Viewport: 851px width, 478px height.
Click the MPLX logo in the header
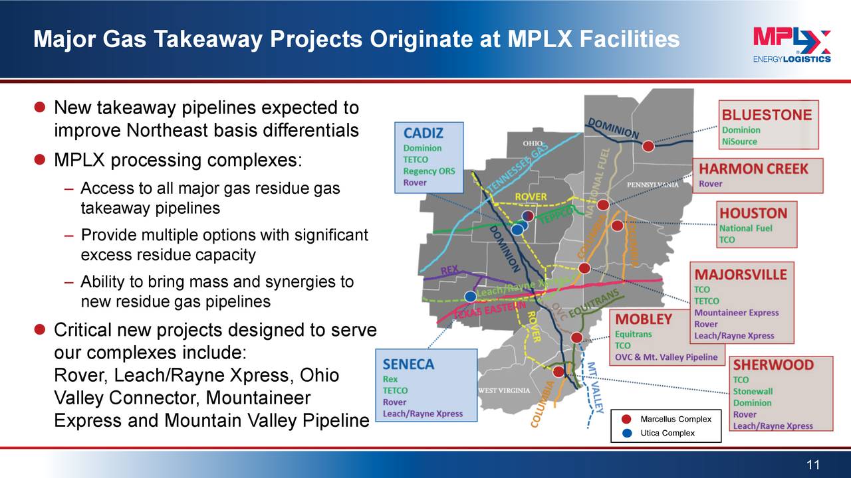791,45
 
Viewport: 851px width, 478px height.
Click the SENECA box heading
408,364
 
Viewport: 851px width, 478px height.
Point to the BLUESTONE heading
767,114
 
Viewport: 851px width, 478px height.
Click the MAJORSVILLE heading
740,274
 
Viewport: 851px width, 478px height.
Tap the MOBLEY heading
643,319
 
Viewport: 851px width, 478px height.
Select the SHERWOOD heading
773,364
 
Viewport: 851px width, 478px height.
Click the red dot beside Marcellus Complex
626,419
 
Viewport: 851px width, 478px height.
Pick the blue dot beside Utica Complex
626,433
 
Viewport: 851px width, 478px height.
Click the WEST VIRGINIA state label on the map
504,390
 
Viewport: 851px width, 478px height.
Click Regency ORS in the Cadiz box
429,171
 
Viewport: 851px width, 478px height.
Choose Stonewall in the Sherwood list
753,391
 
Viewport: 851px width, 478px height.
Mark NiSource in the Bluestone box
739,141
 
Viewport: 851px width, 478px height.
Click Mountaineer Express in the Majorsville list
736,313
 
